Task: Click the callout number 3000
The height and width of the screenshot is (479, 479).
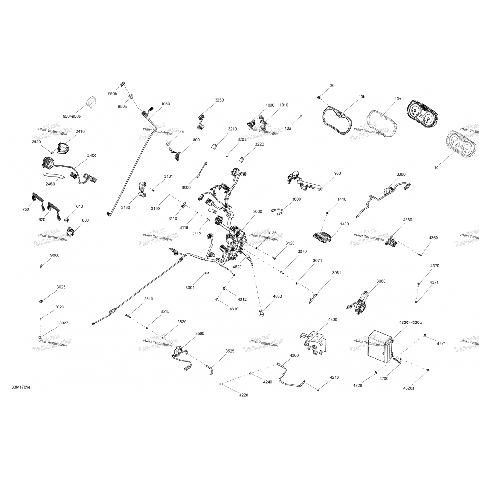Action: [x=257, y=211]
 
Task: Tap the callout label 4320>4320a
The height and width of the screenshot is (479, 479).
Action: [x=411, y=323]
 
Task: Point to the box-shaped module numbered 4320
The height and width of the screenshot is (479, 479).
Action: [x=380, y=346]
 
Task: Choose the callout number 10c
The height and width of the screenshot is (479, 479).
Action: [x=398, y=99]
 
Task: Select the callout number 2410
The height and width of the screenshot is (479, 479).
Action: [x=80, y=131]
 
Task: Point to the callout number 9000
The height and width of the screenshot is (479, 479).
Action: [x=55, y=255]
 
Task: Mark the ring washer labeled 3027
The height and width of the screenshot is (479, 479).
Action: [x=40, y=338]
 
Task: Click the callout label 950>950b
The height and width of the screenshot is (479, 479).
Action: [x=72, y=116]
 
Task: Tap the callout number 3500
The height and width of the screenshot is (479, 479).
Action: [x=200, y=333]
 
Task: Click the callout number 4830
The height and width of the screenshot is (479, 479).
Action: [x=277, y=296]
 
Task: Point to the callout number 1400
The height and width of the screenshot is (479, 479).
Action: [x=344, y=224]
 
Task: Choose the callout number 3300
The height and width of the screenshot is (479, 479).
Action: [x=401, y=174]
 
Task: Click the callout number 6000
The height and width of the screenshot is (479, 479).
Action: [x=186, y=187]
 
